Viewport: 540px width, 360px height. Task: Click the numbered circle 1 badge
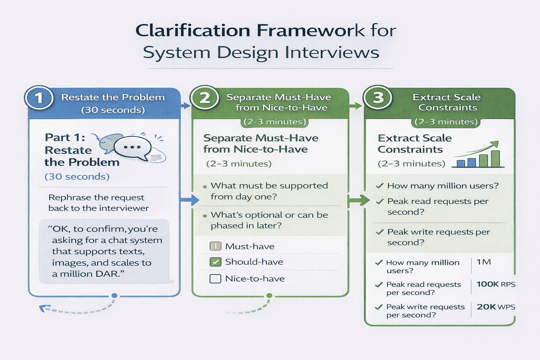(39, 98)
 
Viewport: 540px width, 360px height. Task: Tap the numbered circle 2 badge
(204, 98)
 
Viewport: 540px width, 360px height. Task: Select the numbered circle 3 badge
(378, 98)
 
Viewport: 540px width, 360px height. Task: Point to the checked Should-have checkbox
(215, 262)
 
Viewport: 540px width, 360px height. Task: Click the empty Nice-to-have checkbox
(215, 279)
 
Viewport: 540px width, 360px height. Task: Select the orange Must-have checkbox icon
(215, 246)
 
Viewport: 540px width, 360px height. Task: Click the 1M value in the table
(483, 262)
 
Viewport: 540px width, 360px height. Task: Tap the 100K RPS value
(496, 284)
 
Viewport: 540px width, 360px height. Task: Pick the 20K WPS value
(496, 307)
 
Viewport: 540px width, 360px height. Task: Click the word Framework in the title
(311, 31)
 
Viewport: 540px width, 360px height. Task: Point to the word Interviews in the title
(332, 53)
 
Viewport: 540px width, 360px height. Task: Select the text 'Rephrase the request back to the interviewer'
(98, 203)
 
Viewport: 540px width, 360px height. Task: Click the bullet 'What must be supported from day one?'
(269, 191)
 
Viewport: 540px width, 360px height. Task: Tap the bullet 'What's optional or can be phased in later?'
(269, 220)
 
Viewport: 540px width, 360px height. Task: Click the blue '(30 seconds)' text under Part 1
(77, 176)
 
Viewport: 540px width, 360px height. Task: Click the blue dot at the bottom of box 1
(114, 296)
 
